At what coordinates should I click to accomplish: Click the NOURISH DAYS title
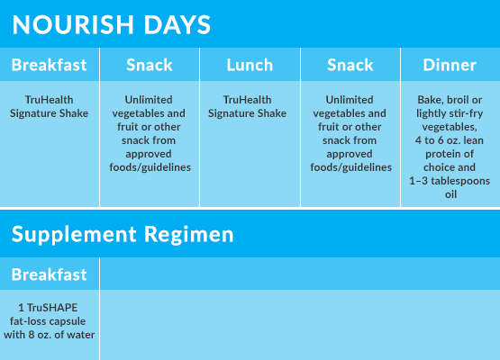(x=112, y=24)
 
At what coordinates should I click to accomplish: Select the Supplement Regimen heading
(x=123, y=235)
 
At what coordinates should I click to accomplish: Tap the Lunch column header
(x=250, y=65)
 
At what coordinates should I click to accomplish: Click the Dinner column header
(x=450, y=65)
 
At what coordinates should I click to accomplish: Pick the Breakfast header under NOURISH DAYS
(x=50, y=65)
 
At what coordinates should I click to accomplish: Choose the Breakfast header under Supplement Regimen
(x=50, y=274)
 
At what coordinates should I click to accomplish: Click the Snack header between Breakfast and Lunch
(x=150, y=65)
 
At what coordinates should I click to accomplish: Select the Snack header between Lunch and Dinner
(x=350, y=65)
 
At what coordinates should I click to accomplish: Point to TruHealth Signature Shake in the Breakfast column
(x=50, y=106)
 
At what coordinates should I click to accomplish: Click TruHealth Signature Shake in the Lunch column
(x=248, y=106)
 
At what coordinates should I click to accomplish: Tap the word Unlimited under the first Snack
(x=149, y=100)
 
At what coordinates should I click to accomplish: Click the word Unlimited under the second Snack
(x=350, y=100)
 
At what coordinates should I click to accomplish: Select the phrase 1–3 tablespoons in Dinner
(x=450, y=181)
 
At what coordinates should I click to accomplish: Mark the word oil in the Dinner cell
(x=450, y=194)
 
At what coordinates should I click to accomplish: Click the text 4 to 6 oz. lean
(x=450, y=140)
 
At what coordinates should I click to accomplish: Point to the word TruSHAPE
(x=52, y=308)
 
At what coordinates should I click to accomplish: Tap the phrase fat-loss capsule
(x=48, y=321)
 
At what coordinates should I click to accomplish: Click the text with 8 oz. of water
(x=50, y=335)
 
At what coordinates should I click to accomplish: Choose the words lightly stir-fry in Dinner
(x=450, y=113)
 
